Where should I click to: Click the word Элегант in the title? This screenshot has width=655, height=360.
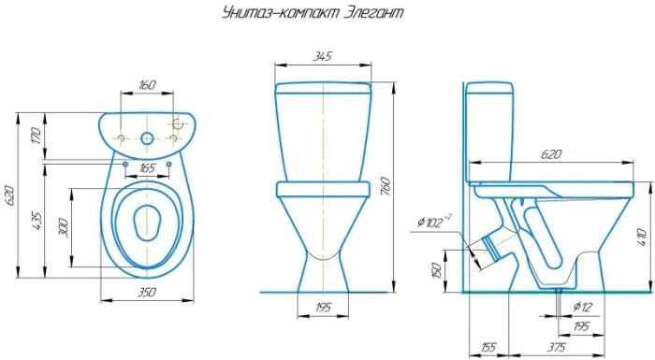pos(374,12)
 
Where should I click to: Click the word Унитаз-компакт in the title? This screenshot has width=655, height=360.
pos(281,12)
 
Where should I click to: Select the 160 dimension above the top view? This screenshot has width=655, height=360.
pos(147,85)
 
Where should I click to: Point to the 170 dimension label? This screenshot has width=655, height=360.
pos(36,136)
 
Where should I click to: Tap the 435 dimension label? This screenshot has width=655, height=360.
pos(36,222)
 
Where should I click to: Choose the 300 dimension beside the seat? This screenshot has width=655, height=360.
pos(64,227)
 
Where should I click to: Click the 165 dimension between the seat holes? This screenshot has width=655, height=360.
pos(147,168)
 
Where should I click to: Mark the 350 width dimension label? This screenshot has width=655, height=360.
pos(147,292)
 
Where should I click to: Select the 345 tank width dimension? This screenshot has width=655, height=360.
pos(323,56)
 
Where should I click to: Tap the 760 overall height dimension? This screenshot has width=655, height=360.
pos(386,187)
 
